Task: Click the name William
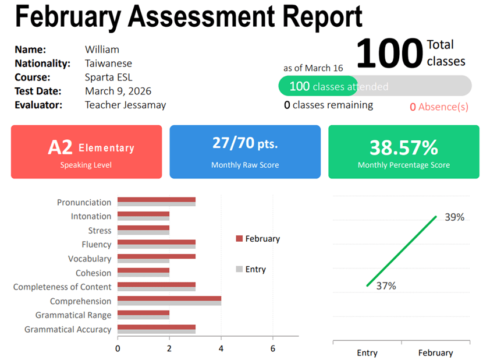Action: [x=102, y=50]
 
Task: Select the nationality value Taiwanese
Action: [x=108, y=63]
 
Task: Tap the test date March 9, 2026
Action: [x=118, y=91]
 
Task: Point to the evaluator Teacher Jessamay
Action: [x=125, y=105]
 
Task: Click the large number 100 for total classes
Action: [x=389, y=53]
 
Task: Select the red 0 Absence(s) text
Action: [x=439, y=107]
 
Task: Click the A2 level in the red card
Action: [x=60, y=147]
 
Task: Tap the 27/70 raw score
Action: [x=233, y=143]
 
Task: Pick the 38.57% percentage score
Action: [x=404, y=147]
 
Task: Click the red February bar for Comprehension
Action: [x=169, y=298]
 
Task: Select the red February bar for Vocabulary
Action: [x=157, y=256]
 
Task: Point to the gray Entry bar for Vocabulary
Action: [x=144, y=261]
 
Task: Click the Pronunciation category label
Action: [x=84, y=202]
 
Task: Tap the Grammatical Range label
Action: [x=73, y=315]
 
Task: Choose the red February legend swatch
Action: [x=239, y=238]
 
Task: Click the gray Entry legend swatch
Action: [x=239, y=269]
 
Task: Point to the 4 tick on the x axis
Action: [x=221, y=348]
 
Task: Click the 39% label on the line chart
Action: [x=454, y=217]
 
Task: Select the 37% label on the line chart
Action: [x=386, y=286]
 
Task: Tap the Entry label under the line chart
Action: [x=367, y=352]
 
